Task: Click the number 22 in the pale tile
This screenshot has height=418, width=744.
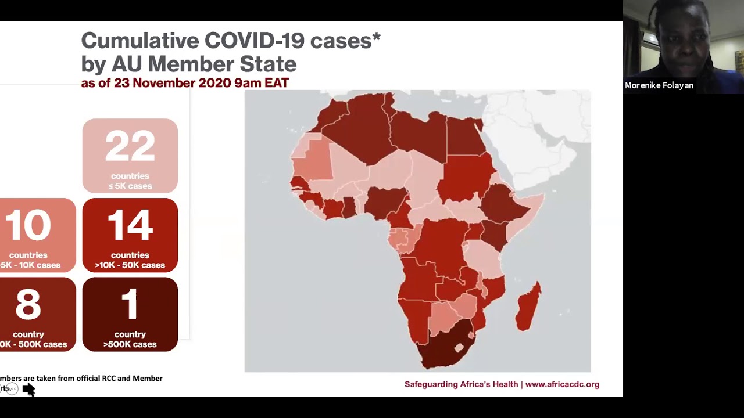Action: coord(130,146)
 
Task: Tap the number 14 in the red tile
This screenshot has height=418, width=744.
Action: coord(130,225)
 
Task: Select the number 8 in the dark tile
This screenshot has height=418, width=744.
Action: coord(28,305)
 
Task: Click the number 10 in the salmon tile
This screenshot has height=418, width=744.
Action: coord(28,225)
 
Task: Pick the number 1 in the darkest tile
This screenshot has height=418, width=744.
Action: coord(130,305)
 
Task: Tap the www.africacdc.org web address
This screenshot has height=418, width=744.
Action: coord(561,384)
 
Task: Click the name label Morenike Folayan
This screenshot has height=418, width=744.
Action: coord(659,85)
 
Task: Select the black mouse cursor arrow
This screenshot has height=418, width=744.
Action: coord(28,390)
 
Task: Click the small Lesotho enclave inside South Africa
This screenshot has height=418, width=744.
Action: coord(459,348)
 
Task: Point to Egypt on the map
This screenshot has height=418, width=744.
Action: coord(465,136)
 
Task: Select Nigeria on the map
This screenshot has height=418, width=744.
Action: coord(384,201)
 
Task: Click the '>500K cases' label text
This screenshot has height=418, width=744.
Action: coord(130,344)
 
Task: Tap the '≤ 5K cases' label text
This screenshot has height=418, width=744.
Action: coord(130,186)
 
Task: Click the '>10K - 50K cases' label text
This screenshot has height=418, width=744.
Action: coord(130,265)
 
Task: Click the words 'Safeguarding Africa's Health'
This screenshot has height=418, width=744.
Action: coord(461,384)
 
